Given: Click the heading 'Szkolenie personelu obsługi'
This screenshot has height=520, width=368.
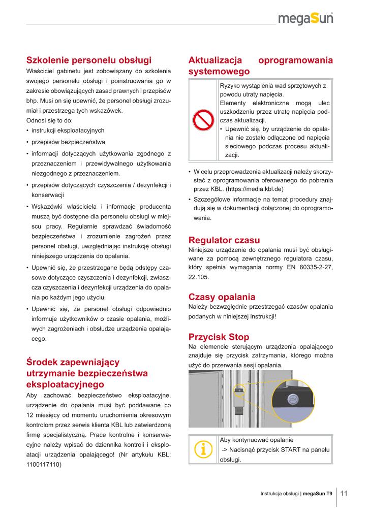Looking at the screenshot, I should pyautogui.click(x=89, y=60).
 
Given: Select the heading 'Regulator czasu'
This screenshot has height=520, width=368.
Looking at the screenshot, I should pyautogui.click(x=224, y=240).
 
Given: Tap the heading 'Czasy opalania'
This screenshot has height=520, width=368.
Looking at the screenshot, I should pyautogui.click(x=222, y=297).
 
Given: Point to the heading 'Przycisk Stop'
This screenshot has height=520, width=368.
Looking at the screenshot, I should pyautogui.click(x=219, y=336).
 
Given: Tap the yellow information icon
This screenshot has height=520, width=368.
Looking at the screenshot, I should pyautogui.click(x=203, y=448).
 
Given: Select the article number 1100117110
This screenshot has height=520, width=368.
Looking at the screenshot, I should pyautogui.click(x=43, y=464).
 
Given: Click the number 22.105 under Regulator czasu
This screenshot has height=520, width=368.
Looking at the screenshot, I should pyautogui.click(x=199, y=278).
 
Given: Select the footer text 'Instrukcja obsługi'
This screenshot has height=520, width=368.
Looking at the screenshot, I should pyautogui.click(x=279, y=494).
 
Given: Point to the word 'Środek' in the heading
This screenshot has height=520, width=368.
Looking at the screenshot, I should pyautogui.click(x=42, y=362).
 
